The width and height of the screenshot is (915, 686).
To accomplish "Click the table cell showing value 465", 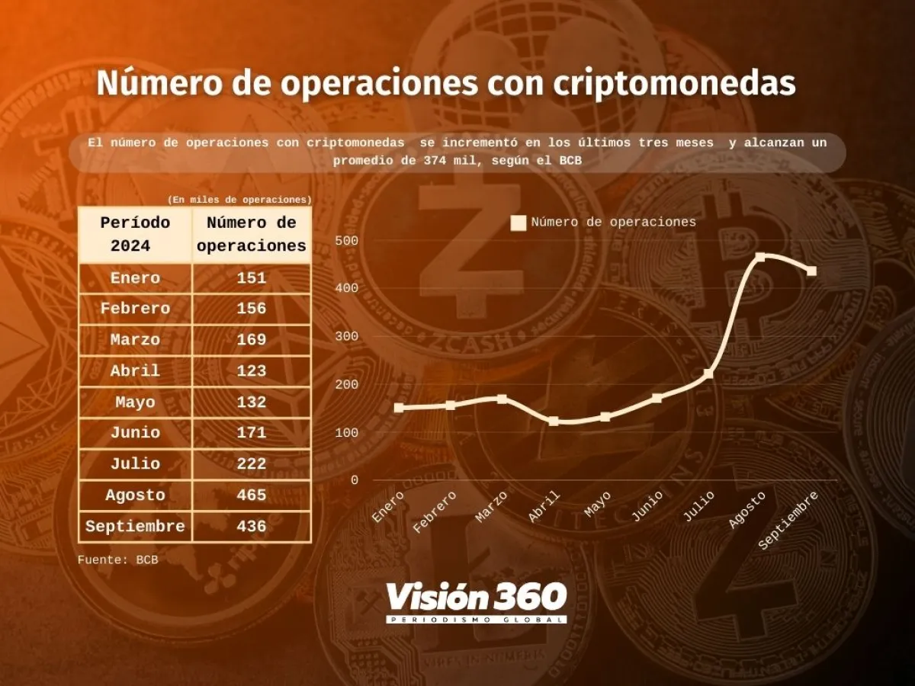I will coord(252,495).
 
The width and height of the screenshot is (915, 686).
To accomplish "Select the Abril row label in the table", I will coord(135,371).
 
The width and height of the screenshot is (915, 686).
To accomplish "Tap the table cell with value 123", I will coord(252,371).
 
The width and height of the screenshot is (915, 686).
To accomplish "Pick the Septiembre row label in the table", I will coord(135,527).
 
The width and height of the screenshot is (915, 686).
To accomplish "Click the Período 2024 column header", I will coord(135,235).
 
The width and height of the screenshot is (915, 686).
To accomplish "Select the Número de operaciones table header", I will coord(252,235).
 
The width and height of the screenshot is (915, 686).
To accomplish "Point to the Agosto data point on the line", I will coord(760,257).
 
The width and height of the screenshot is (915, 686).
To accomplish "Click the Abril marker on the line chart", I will coord(554,421).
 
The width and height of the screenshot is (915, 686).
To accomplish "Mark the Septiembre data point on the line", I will coord(811,271).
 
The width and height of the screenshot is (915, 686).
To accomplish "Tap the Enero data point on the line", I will coord(399,408).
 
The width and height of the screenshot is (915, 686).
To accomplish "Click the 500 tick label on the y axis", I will coord(346,241).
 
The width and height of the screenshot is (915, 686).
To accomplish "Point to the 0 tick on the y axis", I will coord(354,480).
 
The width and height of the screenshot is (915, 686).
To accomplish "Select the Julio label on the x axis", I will coord(699,507).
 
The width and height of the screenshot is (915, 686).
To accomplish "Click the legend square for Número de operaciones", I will coord(518,223).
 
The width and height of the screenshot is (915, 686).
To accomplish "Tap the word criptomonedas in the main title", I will coord(675,84).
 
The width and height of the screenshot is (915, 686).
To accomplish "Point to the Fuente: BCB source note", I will coord(117,559).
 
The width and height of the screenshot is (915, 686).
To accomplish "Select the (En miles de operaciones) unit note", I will coord(239,200).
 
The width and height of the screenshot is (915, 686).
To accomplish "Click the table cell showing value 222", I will coord(252,464).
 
